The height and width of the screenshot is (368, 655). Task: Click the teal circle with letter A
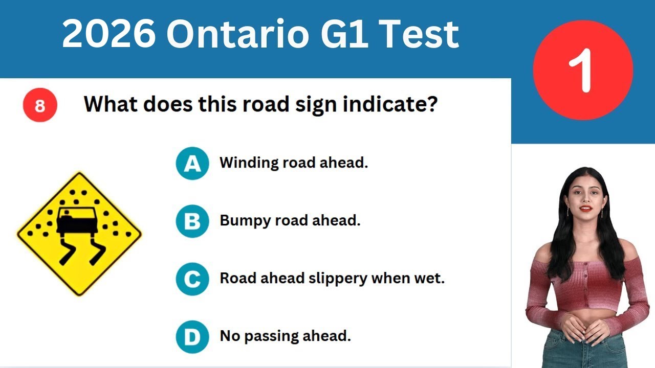pyautogui.click(x=192, y=164)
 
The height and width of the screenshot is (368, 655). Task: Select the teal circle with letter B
pyautogui.click(x=192, y=221)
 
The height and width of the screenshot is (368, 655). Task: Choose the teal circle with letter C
pyautogui.click(x=192, y=279)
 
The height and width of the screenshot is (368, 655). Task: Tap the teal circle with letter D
pyautogui.click(x=192, y=336)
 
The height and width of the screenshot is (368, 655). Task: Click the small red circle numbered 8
pyautogui.click(x=40, y=106)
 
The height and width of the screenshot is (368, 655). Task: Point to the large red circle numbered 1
pyautogui.click(x=583, y=71)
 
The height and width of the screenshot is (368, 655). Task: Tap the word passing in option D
pyautogui.click(x=270, y=336)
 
